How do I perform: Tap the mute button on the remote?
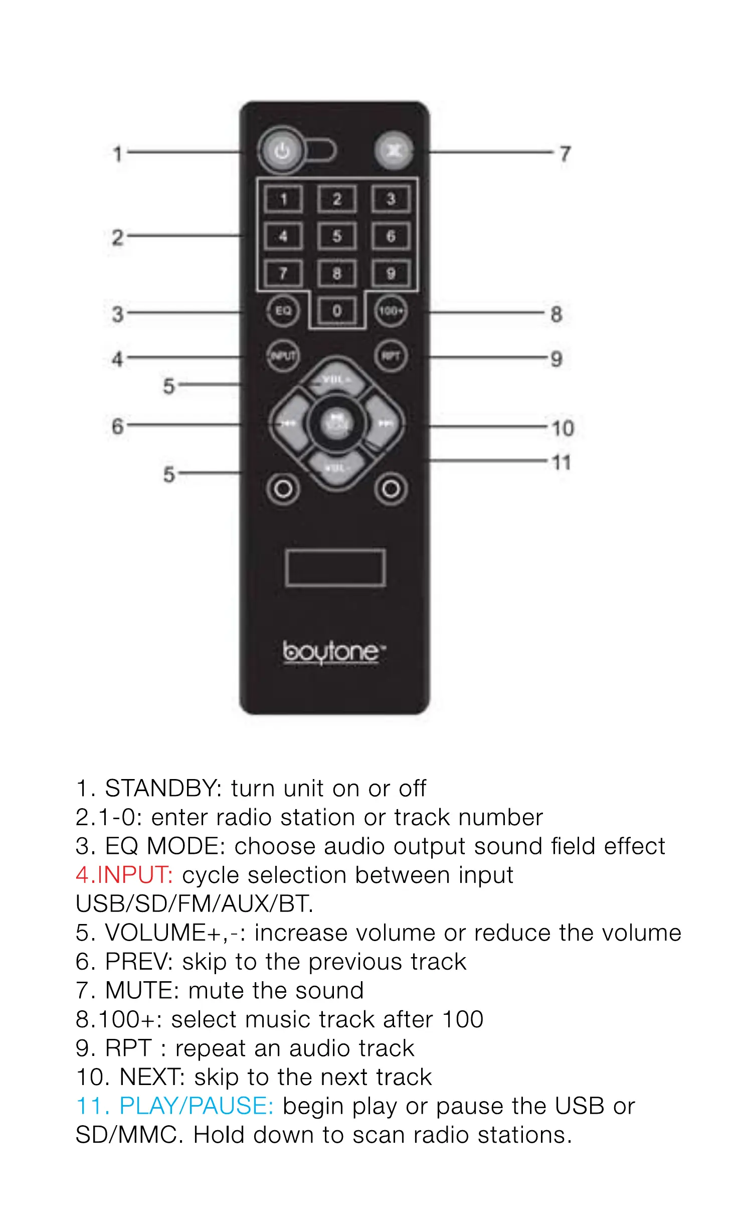click(x=394, y=150)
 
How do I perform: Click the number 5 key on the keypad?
click(x=337, y=236)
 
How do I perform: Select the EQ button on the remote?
click(x=283, y=311)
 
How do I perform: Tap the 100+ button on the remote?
click(x=391, y=312)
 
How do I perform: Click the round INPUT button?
click(x=283, y=356)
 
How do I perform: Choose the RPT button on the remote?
click(x=391, y=356)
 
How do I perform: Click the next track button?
click(x=385, y=424)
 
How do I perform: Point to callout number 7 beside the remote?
click(x=565, y=153)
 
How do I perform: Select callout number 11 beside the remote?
click(x=562, y=463)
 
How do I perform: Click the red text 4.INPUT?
click(x=124, y=875)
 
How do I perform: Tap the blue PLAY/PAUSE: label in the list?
click(x=196, y=1106)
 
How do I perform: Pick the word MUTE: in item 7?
click(x=142, y=990)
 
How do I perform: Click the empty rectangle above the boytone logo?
click(x=335, y=567)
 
